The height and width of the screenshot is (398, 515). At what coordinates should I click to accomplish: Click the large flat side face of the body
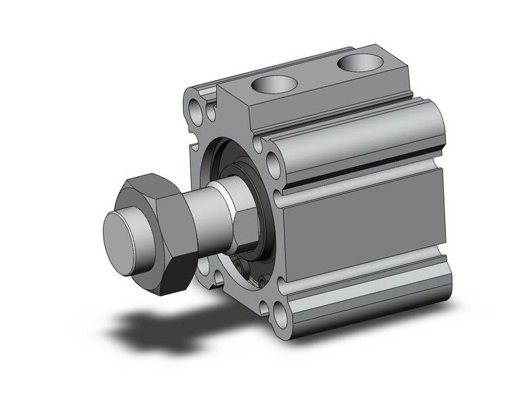(x=366, y=224)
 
